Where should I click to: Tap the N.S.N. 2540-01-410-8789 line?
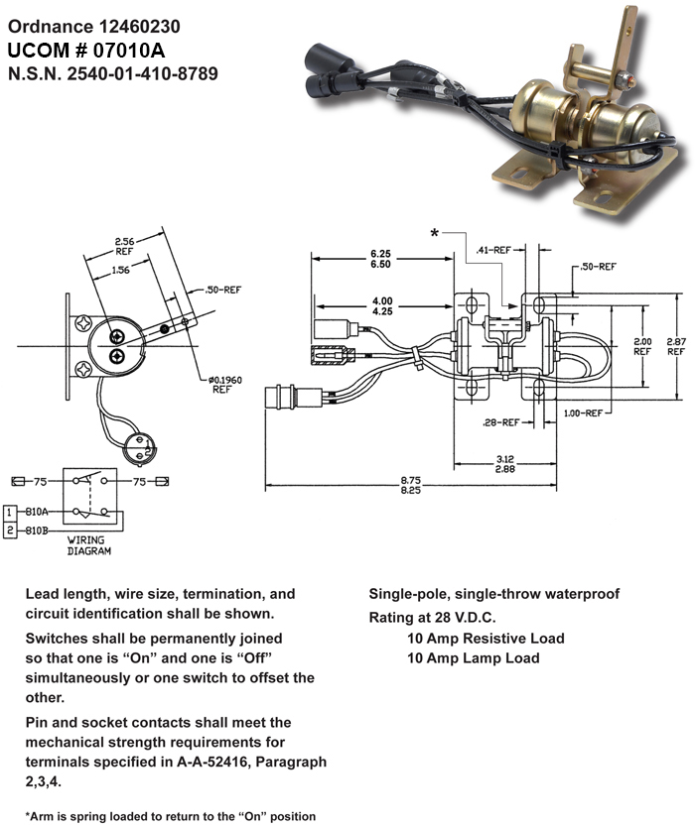coord(112,73)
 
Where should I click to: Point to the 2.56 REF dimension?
coord(124,246)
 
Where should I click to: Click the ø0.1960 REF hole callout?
coord(221,385)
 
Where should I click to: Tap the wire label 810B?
coord(38,531)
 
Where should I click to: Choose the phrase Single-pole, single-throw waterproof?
coord(493,594)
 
